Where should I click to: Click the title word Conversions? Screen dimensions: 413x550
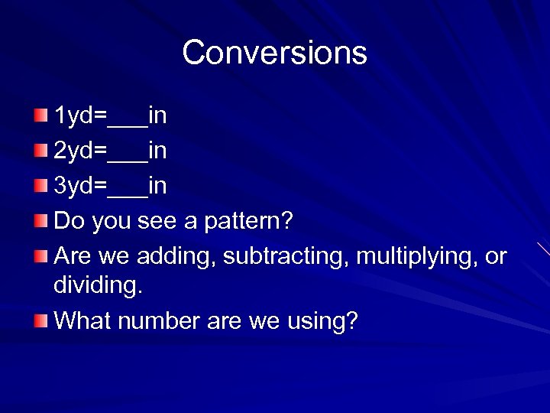[x=274, y=53]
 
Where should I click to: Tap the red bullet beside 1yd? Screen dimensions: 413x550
[x=40, y=115]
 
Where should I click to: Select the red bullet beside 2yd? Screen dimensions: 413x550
[x=40, y=151]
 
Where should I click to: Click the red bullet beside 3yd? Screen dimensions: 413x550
[x=40, y=185]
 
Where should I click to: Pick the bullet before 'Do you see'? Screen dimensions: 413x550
[x=40, y=221]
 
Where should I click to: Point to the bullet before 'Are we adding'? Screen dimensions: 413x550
[x=40, y=256]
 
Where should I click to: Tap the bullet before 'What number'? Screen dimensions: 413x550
[x=40, y=320]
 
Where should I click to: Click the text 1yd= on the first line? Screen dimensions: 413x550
[x=80, y=116]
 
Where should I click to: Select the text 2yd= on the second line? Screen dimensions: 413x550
[x=80, y=151]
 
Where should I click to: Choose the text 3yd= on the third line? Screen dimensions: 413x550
[x=80, y=186]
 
